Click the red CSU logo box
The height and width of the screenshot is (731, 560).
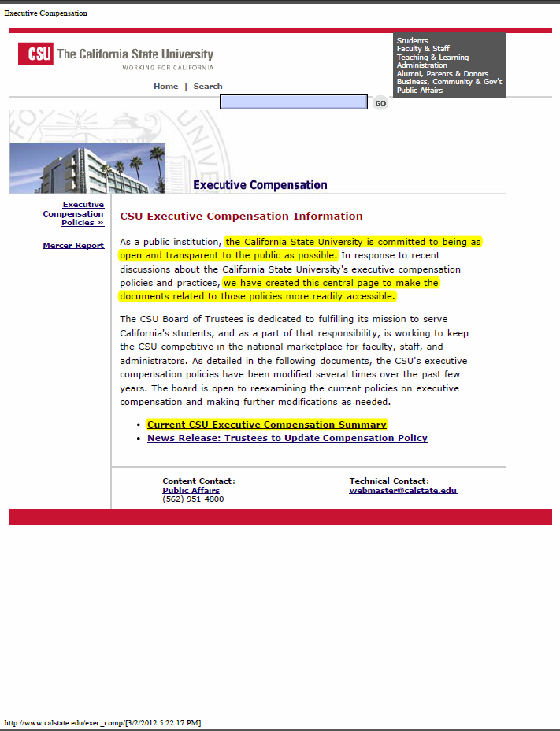point(36,54)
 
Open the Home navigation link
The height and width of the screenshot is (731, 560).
point(165,87)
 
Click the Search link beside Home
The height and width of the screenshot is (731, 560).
point(208,87)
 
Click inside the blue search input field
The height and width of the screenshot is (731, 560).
point(293,102)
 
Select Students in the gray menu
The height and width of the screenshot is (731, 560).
point(412,41)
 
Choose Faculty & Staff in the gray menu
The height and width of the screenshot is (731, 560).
point(423,49)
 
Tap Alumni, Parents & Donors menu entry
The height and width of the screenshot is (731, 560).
point(442,74)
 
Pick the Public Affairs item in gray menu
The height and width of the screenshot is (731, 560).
point(419,91)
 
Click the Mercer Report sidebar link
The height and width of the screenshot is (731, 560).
point(73,246)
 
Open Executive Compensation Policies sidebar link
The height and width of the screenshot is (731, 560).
point(74,213)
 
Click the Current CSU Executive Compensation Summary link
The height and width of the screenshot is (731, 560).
point(266,425)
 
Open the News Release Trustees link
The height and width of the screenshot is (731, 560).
point(287,438)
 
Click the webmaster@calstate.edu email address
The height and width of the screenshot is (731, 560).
point(402,490)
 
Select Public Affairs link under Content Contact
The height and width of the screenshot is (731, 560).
point(191,490)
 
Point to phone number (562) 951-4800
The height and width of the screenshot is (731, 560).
point(193,499)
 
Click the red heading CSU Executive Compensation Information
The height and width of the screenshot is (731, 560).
point(241,216)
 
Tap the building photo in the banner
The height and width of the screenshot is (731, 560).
point(87,169)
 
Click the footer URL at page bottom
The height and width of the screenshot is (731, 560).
point(102,722)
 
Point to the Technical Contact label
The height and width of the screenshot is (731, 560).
point(389,481)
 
